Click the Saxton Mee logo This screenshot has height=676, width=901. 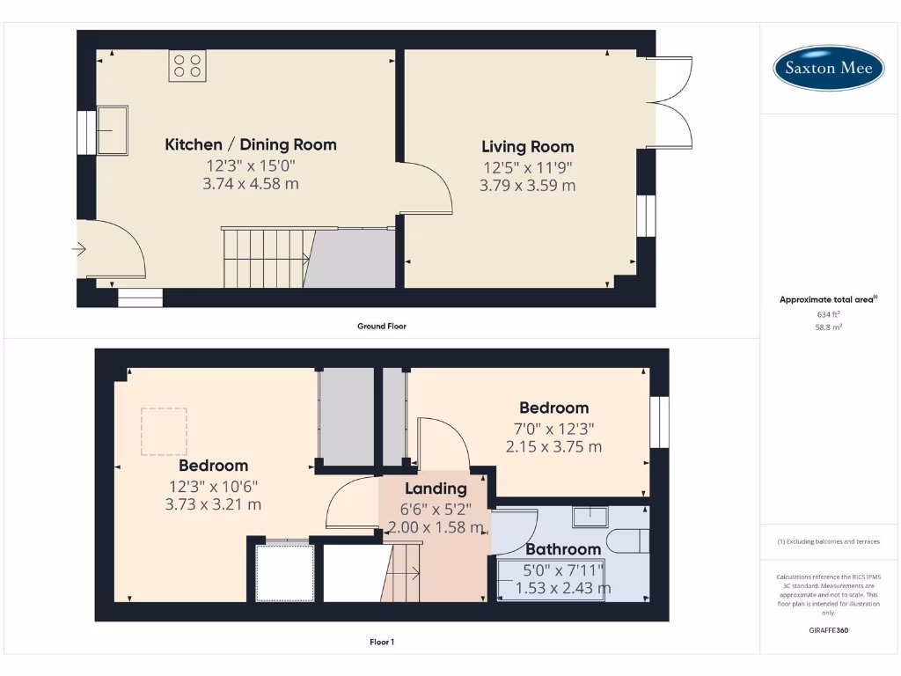828,68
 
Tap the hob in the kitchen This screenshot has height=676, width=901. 187,66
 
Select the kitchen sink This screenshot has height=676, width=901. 113,129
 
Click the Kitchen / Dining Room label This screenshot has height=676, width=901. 251,144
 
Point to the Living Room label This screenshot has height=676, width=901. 527,147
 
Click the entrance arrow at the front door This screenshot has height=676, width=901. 79,249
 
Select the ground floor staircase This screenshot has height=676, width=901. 264,257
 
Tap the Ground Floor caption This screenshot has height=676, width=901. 381,326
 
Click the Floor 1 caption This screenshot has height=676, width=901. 381,643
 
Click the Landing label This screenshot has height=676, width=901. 436,489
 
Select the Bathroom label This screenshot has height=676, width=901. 563,549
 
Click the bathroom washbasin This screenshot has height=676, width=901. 590,517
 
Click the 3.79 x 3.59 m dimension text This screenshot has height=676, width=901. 527,186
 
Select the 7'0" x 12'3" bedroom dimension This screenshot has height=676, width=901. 553,429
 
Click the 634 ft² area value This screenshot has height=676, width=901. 827,313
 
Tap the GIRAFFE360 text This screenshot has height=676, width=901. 827,630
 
